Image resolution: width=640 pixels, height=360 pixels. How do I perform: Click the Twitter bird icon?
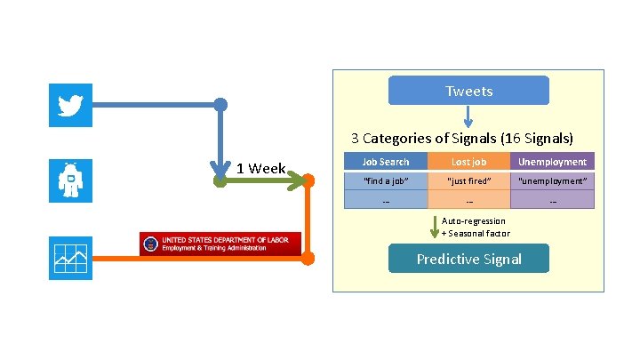click(x=70, y=106)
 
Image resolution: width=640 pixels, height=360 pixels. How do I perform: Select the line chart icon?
click(x=70, y=258)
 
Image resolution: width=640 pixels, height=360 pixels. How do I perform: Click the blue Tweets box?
click(x=468, y=91)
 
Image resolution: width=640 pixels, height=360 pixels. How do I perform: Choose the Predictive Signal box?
click(x=468, y=259)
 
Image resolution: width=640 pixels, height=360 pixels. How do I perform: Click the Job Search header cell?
click(x=385, y=162)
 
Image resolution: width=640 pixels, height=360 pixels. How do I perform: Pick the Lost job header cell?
click(x=468, y=162)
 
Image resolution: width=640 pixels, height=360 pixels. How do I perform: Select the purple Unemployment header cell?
click(x=552, y=162)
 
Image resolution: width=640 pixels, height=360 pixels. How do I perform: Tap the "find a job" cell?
click(x=385, y=181)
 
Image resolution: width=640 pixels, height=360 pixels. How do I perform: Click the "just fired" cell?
click(x=468, y=181)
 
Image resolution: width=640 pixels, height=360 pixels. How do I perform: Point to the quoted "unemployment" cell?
click(x=552, y=181)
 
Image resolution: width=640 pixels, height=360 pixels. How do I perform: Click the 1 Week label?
click(x=260, y=168)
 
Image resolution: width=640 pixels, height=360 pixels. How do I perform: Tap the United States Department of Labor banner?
click(x=220, y=244)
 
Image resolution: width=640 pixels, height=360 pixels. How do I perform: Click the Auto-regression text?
click(x=474, y=220)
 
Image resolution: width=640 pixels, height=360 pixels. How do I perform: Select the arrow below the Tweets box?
click(x=468, y=116)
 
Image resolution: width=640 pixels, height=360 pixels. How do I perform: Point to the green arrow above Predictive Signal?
click(x=434, y=228)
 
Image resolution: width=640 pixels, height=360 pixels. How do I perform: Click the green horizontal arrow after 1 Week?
click(x=267, y=180)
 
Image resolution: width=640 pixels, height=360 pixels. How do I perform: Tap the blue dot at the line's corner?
click(x=220, y=105)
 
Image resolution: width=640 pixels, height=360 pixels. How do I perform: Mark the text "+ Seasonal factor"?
click(x=476, y=233)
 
